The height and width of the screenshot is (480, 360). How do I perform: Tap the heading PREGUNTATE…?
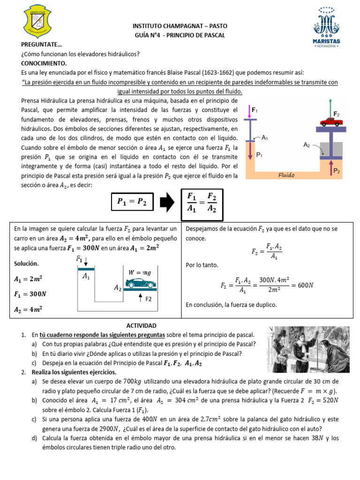(x=42, y=45)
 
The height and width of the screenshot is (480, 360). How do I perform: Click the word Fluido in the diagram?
(x=286, y=175)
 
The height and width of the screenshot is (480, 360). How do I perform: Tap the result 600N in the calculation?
(x=307, y=285)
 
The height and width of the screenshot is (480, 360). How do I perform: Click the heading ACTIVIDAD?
(x=141, y=326)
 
